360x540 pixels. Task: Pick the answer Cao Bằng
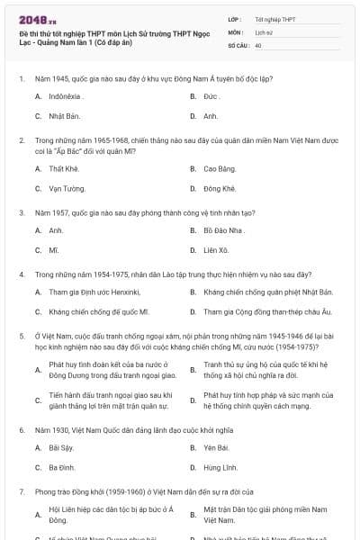(x=219, y=168)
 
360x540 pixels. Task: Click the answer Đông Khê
(x=220, y=189)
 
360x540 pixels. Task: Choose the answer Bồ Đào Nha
(x=223, y=230)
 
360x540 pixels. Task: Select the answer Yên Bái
(x=216, y=447)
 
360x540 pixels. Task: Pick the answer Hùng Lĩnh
(x=220, y=468)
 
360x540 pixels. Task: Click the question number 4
(x=22, y=272)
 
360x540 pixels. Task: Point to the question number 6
(x=22, y=430)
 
